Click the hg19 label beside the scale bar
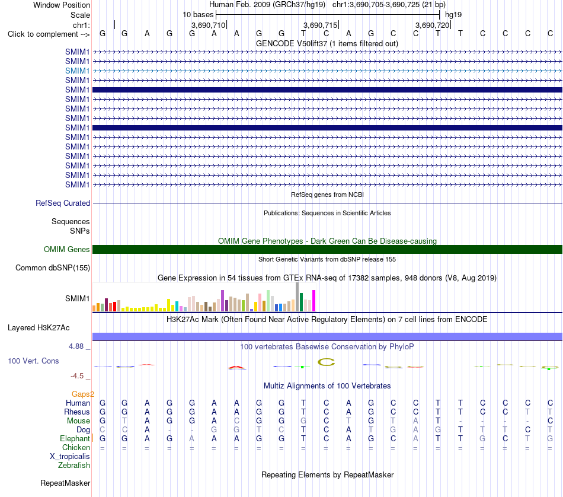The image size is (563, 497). [x=453, y=15]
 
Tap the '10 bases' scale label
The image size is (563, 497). [x=198, y=15]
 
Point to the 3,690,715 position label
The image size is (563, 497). [x=320, y=25]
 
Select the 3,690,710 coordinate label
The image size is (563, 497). [x=208, y=25]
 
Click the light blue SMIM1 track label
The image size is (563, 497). [x=77, y=71]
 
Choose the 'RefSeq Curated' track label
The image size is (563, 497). [x=63, y=203]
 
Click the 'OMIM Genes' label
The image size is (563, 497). [x=67, y=250]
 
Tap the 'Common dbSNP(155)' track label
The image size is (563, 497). [x=53, y=267]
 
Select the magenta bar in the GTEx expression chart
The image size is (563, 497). [x=314, y=301]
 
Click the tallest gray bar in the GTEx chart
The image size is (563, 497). [x=298, y=297]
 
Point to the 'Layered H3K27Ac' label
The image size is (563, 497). [x=39, y=328]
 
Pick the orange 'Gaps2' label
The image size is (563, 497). [x=83, y=394]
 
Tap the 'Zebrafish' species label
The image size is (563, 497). [x=74, y=466]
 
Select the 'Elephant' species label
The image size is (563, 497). [x=75, y=439]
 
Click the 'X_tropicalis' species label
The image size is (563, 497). [x=70, y=457]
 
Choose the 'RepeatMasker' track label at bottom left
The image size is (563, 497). [x=65, y=483]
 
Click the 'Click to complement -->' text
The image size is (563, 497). [x=49, y=34]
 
